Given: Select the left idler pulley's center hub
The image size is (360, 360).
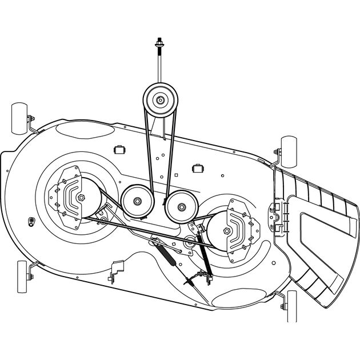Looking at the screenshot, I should coord(138,201).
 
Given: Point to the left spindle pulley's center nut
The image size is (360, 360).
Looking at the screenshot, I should coord(81,197).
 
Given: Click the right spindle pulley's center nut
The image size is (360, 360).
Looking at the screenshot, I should coord(227,231).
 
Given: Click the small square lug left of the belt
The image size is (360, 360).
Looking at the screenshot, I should coord(120,149).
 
